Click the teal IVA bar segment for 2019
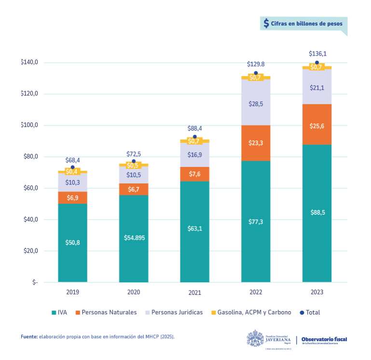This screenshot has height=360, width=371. point(72,243)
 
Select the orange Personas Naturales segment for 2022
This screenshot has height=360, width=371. point(256,143)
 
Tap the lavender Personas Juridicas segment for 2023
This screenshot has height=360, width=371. point(317,87)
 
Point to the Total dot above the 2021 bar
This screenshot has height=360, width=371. point(195,137)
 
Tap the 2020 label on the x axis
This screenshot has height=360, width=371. point(134,292)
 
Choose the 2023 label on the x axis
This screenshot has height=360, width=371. point(317,292)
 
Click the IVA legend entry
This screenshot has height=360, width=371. point(59,313)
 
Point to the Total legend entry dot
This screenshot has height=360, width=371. point(302,313)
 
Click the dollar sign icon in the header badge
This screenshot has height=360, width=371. point(266,23)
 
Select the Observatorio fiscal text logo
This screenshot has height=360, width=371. point(324,340)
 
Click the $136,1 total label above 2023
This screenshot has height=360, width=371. point(317,54)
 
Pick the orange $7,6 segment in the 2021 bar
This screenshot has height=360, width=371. point(195,174)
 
